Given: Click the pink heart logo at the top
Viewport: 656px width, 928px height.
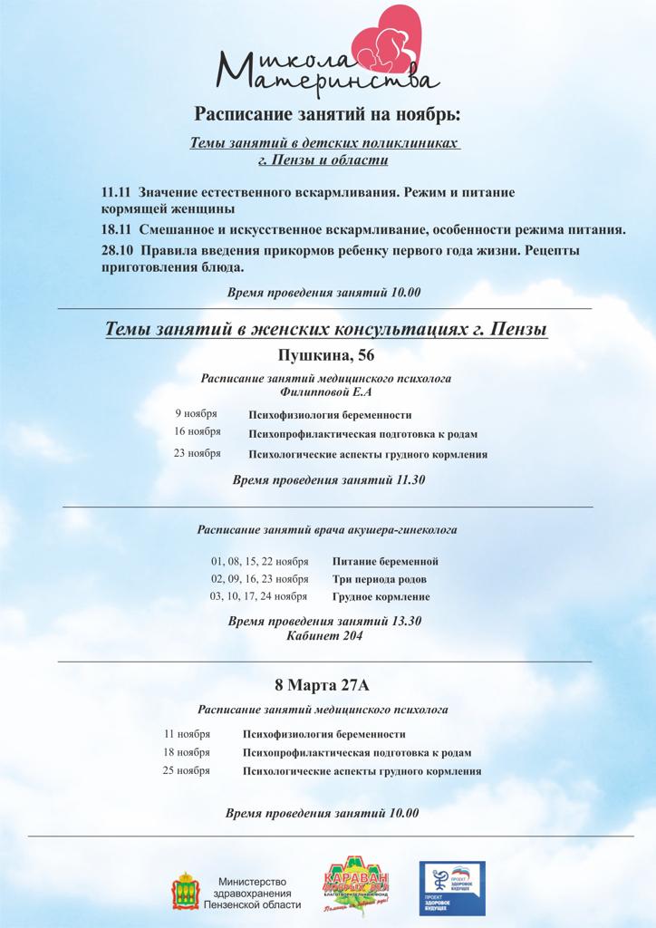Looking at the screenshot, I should click(381, 40).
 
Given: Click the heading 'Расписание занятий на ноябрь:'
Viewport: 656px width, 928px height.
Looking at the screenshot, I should click(327, 114).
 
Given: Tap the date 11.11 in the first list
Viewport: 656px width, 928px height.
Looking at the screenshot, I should click(117, 193).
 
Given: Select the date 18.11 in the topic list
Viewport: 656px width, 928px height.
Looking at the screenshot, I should click(117, 229).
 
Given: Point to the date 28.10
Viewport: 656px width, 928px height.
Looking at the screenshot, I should click(117, 250).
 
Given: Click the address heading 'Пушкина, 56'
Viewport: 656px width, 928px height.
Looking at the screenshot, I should click(326, 353).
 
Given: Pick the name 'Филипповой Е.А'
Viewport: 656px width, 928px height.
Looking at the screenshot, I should click(326, 392).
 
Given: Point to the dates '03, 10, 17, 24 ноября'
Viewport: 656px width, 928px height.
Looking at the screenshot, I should click(259, 596).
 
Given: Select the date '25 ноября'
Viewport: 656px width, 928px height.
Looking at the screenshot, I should click(187, 770).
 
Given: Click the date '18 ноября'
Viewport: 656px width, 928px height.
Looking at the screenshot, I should click(187, 752).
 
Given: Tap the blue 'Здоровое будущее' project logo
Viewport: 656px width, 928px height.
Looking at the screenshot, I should click(451, 888).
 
